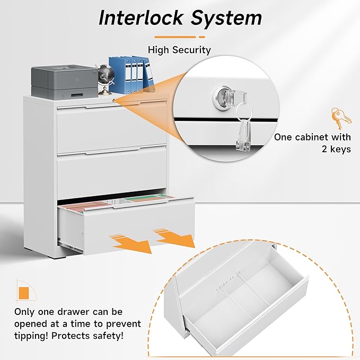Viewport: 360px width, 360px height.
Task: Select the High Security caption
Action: (x=179, y=50)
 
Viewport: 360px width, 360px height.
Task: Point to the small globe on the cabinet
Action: (x=102, y=78)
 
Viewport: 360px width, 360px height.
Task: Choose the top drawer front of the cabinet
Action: (x=111, y=130)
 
